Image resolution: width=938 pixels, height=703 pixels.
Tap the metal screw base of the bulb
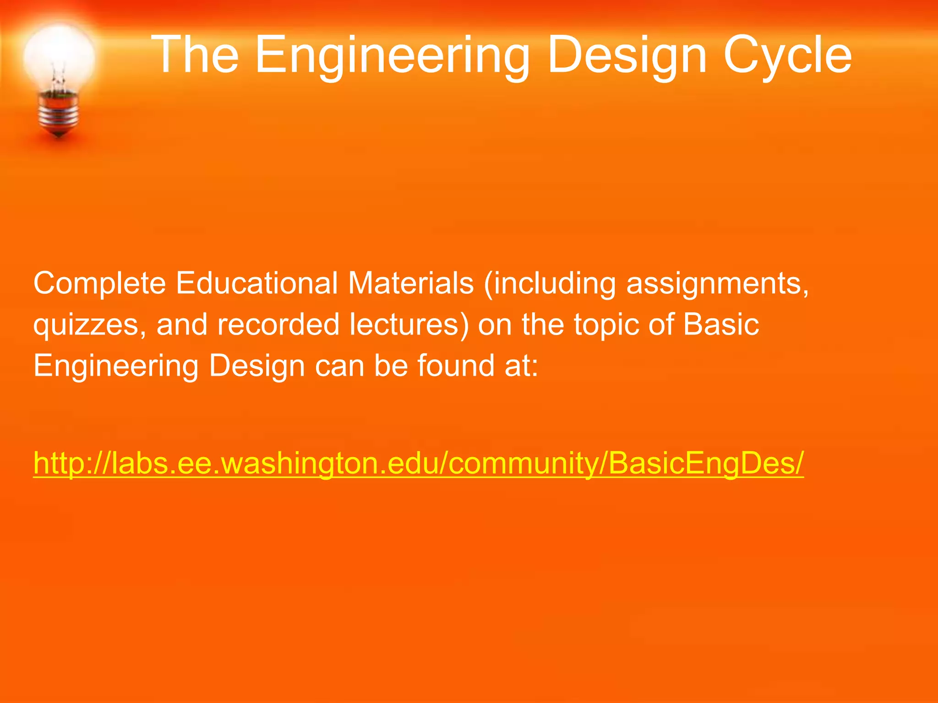(58, 112)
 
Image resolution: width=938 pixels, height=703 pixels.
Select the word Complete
(99, 284)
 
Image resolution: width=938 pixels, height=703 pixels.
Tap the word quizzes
(90, 325)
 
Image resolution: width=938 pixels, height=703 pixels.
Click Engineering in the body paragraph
(116, 366)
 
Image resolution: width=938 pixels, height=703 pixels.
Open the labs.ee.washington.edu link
(418, 463)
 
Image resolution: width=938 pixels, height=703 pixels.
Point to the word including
(550, 284)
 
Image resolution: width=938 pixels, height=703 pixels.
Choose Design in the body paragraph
(256, 366)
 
